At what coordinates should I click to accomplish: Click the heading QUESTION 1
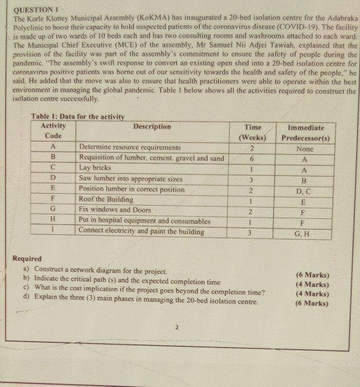pyautogui.click(x=32, y=10)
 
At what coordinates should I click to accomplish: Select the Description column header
pyautogui.click(x=152, y=126)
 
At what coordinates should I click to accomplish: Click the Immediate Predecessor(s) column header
pyautogui.click(x=306, y=132)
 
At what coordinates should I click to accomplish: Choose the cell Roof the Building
pyautogui.click(x=106, y=199)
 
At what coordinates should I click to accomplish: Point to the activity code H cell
pyautogui.click(x=52, y=220)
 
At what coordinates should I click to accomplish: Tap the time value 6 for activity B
pyautogui.click(x=252, y=158)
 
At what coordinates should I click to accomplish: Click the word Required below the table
pyautogui.click(x=27, y=259)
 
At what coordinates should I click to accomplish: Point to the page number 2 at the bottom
pyautogui.click(x=177, y=325)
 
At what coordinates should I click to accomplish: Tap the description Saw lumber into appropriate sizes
pyautogui.click(x=130, y=179)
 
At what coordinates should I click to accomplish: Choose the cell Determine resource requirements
pyautogui.click(x=129, y=148)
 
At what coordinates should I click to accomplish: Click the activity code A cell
pyautogui.click(x=52, y=148)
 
